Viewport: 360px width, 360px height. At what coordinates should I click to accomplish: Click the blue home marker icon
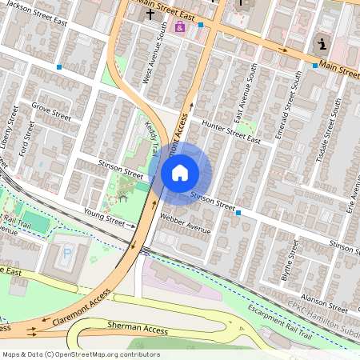click(x=180, y=173)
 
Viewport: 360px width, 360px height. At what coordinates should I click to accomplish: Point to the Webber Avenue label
click(x=185, y=223)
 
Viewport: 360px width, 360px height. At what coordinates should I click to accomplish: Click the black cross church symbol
click(x=150, y=14)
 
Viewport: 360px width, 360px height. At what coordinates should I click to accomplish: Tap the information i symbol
click(x=322, y=44)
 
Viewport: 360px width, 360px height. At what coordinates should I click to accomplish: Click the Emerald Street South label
click(x=289, y=106)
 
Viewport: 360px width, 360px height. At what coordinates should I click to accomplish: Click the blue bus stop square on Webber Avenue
click(x=238, y=213)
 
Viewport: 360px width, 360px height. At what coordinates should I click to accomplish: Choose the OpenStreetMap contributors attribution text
click(x=80, y=354)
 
